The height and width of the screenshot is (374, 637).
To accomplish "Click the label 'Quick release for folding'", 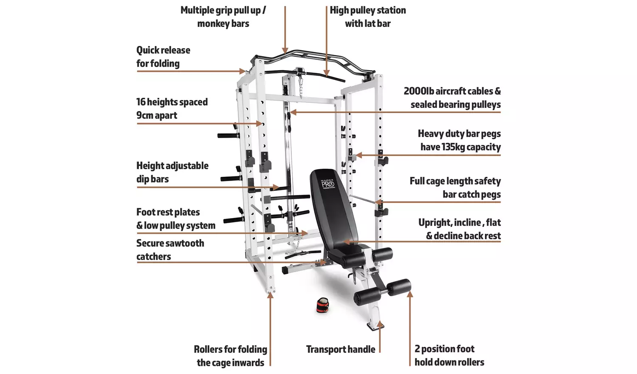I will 163,57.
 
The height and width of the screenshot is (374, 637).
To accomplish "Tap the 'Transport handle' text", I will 341,349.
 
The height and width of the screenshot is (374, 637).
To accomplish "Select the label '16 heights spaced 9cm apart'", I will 172,108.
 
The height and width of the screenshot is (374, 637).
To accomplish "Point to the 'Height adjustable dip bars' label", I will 172,172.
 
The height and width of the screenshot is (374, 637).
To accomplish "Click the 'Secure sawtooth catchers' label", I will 170,249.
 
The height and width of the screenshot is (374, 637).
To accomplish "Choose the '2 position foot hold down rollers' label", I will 449,355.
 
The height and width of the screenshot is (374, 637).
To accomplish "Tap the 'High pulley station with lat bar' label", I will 368,17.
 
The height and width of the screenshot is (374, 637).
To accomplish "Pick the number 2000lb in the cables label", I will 418,91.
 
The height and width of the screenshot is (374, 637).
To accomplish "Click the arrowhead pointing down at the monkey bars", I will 285,51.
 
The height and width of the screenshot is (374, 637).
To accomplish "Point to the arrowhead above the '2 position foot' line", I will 409,294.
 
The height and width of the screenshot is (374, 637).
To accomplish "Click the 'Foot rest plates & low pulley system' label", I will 175,219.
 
